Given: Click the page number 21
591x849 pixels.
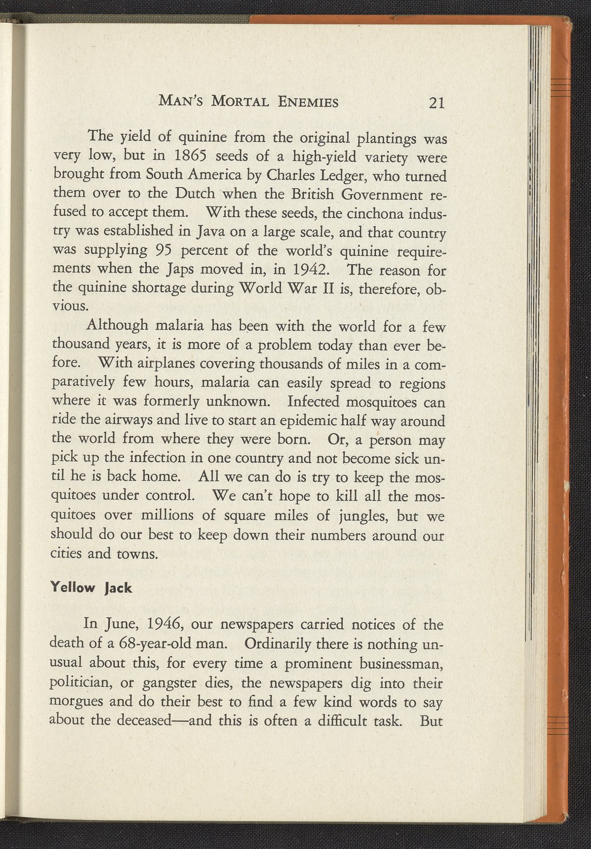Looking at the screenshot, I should pyautogui.click(x=437, y=102).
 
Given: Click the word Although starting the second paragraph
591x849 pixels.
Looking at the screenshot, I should pyautogui.click(x=117, y=326).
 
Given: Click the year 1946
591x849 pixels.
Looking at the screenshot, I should pyautogui.click(x=165, y=626).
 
